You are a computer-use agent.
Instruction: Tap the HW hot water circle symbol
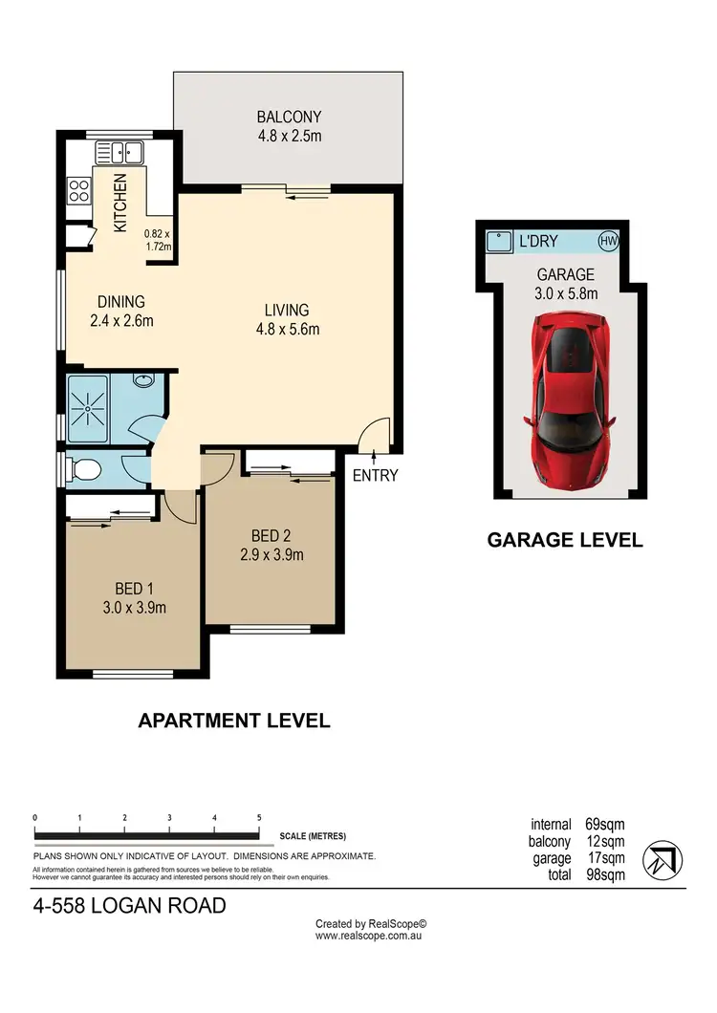(x=607, y=241)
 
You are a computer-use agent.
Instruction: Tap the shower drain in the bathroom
(x=88, y=409)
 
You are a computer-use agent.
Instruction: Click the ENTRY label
(x=375, y=476)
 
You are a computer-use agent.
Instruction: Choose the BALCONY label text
(x=288, y=118)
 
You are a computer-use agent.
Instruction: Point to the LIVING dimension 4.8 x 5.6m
(x=287, y=330)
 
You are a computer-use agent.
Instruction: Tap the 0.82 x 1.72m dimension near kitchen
(x=157, y=240)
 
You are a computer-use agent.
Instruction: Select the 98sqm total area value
(x=605, y=874)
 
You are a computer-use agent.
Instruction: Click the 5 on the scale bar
(x=259, y=818)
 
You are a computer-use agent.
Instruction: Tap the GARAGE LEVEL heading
(x=565, y=540)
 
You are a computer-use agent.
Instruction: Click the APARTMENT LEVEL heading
(x=234, y=721)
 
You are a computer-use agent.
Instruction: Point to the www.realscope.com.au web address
(x=369, y=937)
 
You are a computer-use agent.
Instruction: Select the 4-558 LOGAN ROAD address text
(x=129, y=904)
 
